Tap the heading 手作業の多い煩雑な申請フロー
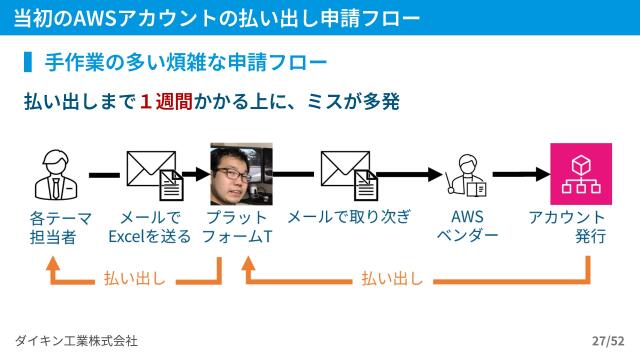pos(186,64)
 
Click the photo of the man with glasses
pos(241,175)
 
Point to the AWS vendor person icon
pos(467,176)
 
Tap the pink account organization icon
pos(580,174)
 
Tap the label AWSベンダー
pos(467,226)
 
